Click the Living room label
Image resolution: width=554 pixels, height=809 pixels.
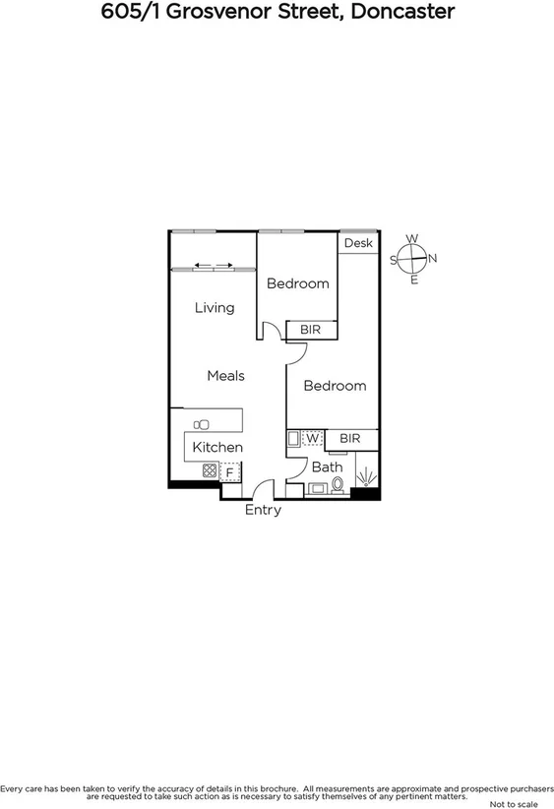214,308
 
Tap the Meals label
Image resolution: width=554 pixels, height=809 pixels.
225,376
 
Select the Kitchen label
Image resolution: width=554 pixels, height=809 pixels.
216,448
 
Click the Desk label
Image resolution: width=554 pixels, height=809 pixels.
358,243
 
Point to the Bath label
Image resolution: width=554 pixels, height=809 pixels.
327,467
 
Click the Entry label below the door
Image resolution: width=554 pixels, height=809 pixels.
263,510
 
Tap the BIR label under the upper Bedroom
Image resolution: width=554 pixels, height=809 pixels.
311,330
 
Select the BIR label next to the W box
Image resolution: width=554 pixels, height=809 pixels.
350,438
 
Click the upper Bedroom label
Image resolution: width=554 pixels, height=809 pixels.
298,284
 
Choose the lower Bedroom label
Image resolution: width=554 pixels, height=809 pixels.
335,386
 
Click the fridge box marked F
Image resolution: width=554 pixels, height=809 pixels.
229,472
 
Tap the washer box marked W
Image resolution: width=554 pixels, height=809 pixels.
312,438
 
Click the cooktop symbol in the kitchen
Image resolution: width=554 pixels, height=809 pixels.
210,471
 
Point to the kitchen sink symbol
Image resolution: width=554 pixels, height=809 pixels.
202,424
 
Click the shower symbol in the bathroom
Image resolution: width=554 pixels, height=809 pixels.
366,478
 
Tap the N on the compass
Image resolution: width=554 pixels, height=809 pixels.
433,259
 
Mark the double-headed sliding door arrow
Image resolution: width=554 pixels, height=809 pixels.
213,265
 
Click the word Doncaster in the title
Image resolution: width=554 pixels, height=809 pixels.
406,13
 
